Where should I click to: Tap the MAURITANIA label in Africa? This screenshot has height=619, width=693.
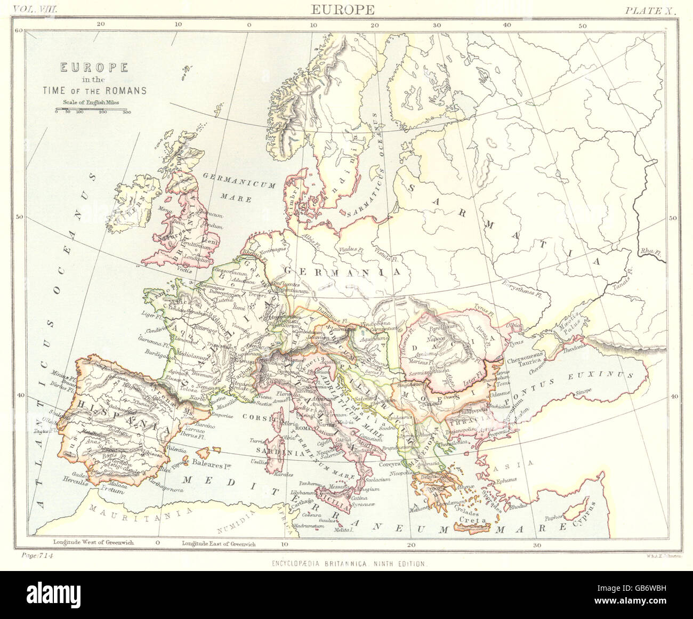119,513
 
